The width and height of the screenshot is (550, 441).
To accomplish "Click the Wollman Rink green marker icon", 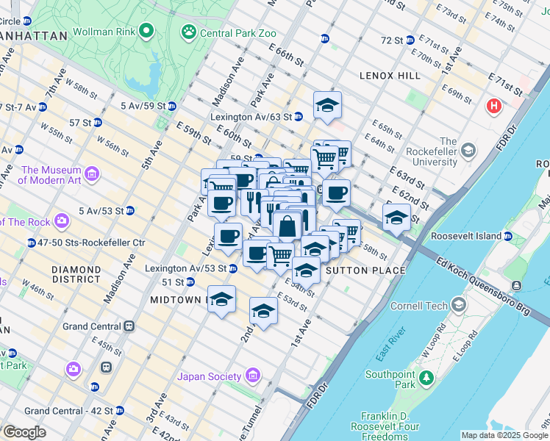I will (x=146, y=31).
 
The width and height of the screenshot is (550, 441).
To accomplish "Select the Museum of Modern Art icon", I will (x=92, y=173).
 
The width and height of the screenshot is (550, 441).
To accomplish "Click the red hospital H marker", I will (x=493, y=107).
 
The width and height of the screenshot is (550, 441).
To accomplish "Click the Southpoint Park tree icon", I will (x=426, y=379).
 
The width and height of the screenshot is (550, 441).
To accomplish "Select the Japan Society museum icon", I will (x=253, y=376).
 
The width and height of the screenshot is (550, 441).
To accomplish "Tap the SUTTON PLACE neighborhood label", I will (x=365, y=270).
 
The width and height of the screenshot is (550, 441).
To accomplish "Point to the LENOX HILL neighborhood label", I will (x=390, y=76).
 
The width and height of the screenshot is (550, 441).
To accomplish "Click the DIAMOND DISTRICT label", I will (x=76, y=274).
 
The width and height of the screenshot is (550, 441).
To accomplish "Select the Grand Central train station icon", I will (x=129, y=326).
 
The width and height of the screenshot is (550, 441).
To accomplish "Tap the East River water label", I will (x=387, y=344).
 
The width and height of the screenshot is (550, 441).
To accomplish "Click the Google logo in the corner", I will (x=24, y=432).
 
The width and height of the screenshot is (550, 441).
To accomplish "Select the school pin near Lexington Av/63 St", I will (x=327, y=106).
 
